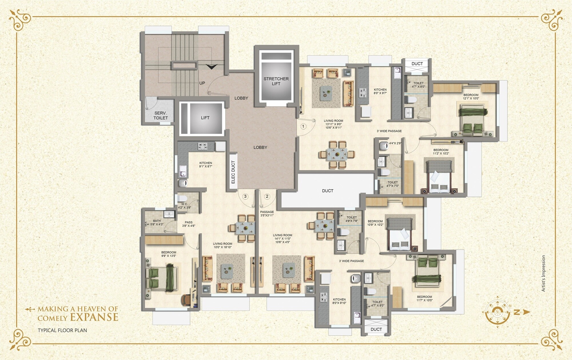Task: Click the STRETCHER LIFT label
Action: [x=276, y=81]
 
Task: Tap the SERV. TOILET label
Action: [x=160, y=116]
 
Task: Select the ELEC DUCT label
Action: [x=233, y=172]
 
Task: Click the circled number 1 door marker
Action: [x=303, y=126]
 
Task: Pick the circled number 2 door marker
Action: [x=267, y=196]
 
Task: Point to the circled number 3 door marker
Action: [x=245, y=196]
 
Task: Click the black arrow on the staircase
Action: [x=211, y=67]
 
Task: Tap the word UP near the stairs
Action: [x=202, y=83]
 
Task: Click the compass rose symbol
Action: [x=498, y=312]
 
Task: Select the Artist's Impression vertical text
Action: [x=543, y=273]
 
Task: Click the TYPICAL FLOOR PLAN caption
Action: [x=62, y=330]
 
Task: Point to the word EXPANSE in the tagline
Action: [x=94, y=317]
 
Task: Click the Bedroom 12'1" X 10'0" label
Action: [x=471, y=97]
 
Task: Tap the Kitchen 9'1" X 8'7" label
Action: [x=206, y=165]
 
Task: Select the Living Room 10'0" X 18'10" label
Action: [x=223, y=246]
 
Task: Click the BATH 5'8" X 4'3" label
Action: [x=157, y=222]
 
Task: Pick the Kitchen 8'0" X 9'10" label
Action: [x=339, y=301]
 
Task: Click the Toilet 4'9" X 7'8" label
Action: [x=352, y=219]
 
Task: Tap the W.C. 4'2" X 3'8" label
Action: [x=184, y=206]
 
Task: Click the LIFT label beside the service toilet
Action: [x=205, y=118]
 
